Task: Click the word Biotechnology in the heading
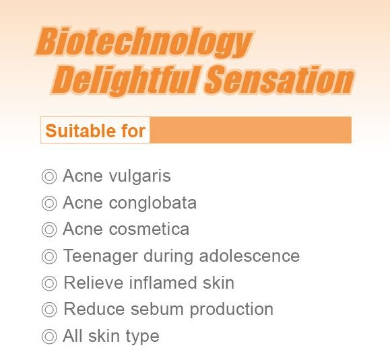tap(143, 42)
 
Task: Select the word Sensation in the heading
tap(280, 79)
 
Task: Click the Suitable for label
tap(95, 131)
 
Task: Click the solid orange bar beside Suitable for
tap(251, 130)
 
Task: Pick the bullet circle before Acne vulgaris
tap(49, 176)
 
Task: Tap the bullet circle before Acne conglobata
tap(49, 203)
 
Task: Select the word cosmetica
tap(150, 229)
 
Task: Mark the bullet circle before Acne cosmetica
tap(49, 229)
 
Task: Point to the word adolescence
tap(249, 256)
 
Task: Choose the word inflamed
tap(163, 283)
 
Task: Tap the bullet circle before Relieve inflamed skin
tap(49, 283)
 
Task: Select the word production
tap(232, 310)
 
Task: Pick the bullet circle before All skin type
tap(49, 336)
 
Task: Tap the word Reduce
tap(94, 309)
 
